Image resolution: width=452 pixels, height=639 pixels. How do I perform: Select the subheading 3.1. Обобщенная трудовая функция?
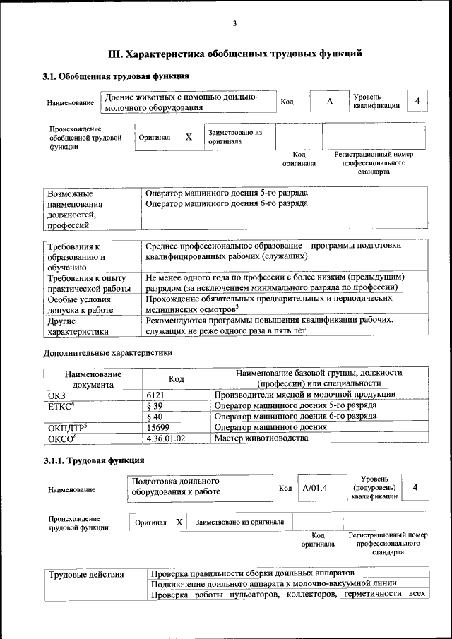point(115,76)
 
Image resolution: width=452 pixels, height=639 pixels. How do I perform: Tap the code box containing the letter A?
point(329,102)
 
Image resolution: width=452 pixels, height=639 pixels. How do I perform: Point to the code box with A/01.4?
point(315,487)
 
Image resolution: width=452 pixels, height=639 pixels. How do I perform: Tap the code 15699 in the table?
point(158,427)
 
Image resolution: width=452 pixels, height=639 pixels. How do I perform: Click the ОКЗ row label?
point(56,395)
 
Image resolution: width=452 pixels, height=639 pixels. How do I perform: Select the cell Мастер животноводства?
point(261,438)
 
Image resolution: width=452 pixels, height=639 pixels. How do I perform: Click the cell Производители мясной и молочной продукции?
point(305,395)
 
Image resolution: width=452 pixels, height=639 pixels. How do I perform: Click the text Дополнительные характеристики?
point(108,352)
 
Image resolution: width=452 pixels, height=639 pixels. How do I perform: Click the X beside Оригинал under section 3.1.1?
point(179,522)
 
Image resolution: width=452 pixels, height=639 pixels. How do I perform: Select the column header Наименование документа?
point(93,378)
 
